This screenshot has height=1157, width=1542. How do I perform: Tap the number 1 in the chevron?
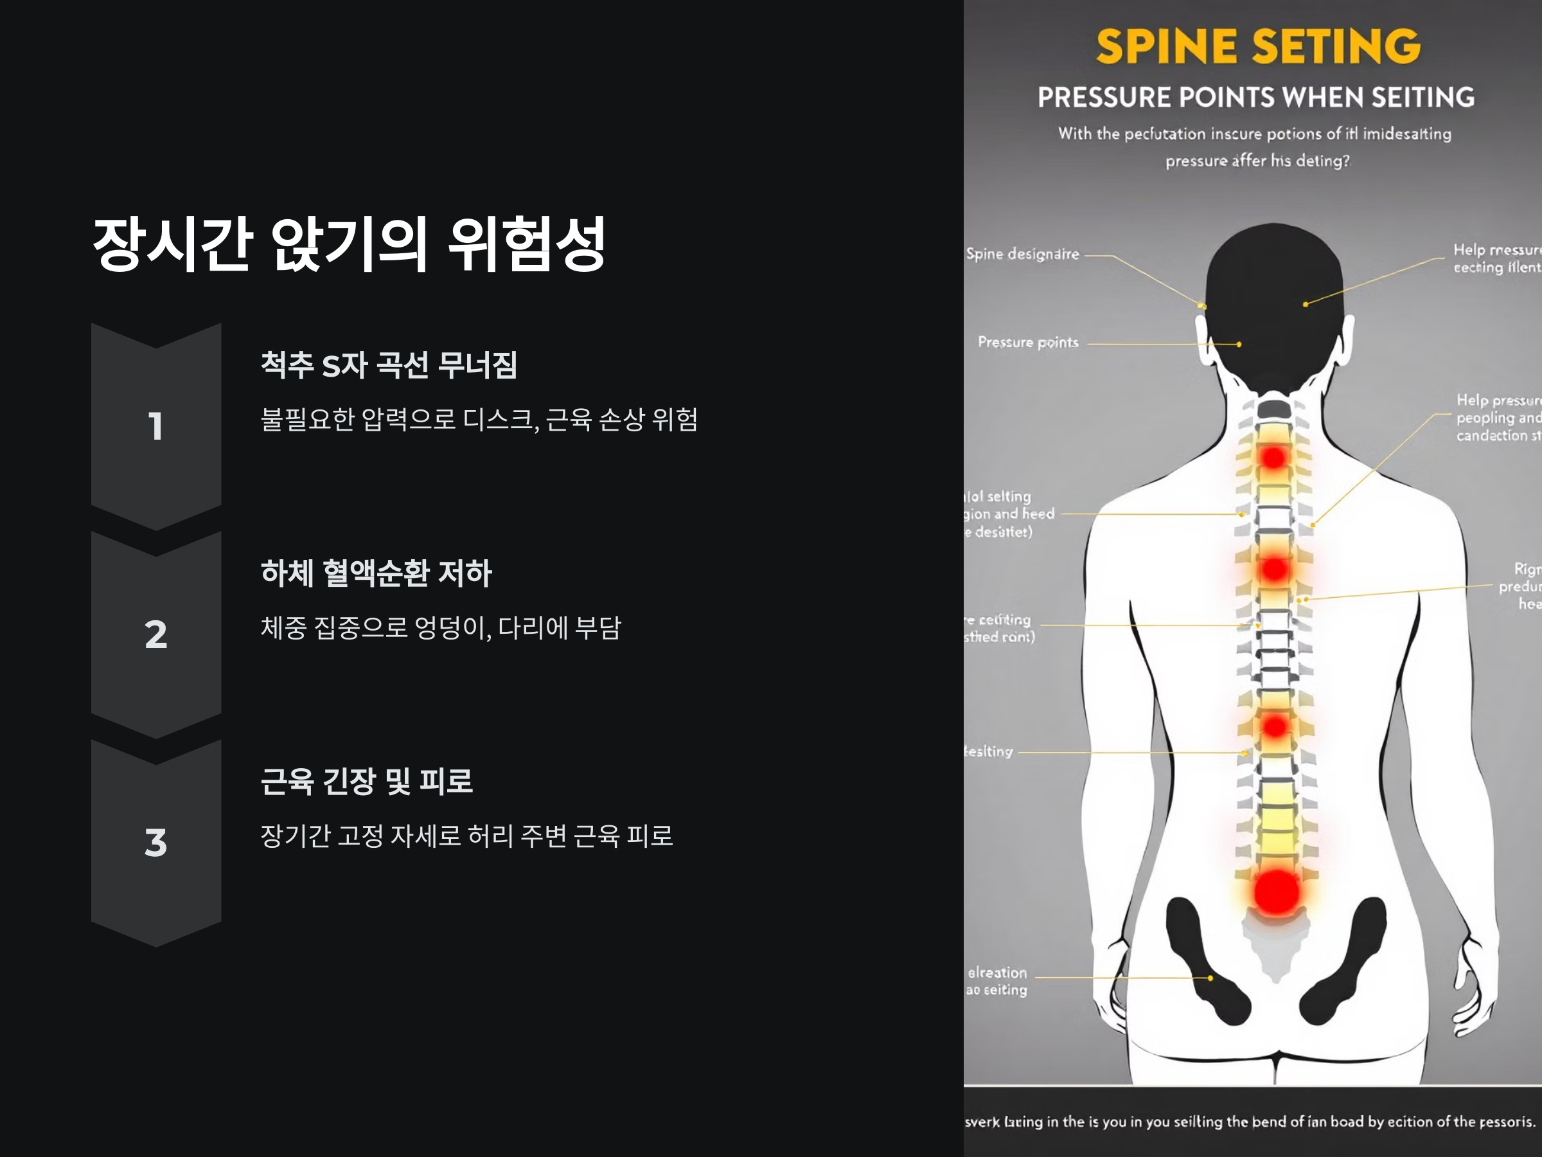pyautogui.click(x=155, y=426)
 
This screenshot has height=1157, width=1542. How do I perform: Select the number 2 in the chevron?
pyautogui.click(x=155, y=634)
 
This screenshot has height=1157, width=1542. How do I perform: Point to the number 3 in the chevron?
pyautogui.click(x=155, y=843)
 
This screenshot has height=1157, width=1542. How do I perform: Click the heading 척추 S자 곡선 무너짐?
pyautogui.click(x=388, y=364)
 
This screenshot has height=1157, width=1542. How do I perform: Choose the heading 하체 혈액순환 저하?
pyautogui.click(x=376, y=573)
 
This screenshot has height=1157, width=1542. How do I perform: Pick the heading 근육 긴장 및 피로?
pyautogui.click(x=367, y=781)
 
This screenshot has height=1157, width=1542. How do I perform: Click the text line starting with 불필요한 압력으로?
pyautogui.click(x=478, y=419)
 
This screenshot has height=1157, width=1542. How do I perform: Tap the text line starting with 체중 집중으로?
pyautogui.click(x=441, y=627)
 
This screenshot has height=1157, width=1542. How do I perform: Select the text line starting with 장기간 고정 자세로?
pyautogui.click(x=466, y=836)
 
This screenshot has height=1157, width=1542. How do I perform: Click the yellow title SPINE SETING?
pyautogui.click(x=1257, y=47)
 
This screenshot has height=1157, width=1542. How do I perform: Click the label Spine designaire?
pyautogui.click(x=1022, y=254)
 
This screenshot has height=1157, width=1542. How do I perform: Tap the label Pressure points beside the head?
pyautogui.click(x=1027, y=343)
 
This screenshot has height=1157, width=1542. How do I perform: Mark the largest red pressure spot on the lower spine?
pyautogui.click(x=1277, y=893)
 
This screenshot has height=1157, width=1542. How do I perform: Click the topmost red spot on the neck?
pyautogui.click(x=1273, y=458)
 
